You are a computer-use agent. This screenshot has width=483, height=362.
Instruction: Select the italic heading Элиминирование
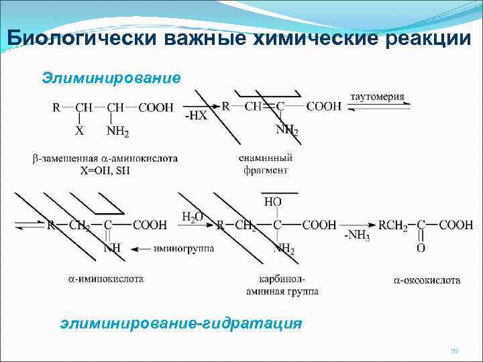tap(111, 78)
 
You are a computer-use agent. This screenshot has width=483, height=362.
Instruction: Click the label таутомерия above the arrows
tap(377, 97)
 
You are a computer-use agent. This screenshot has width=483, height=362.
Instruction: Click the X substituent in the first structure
tap(79, 132)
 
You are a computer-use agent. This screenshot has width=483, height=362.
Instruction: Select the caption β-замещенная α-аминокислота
tap(105, 159)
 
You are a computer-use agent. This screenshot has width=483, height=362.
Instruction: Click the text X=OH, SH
tap(105, 170)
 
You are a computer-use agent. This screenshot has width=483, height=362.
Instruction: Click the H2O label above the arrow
tap(193, 216)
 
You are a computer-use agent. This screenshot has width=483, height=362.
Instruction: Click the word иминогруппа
tap(184, 249)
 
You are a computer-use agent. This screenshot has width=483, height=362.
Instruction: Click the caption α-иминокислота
tap(105, 278)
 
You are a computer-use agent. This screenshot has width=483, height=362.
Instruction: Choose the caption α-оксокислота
tap(427, 280)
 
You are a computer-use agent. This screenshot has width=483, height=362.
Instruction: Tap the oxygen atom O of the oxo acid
tap(421, 249)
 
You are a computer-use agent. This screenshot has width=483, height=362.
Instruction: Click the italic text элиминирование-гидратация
tap(181, 323)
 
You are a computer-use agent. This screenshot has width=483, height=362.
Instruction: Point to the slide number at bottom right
tap(454, 351)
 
